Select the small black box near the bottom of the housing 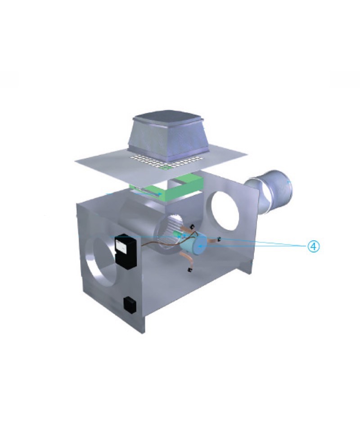tap(130, 305)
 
